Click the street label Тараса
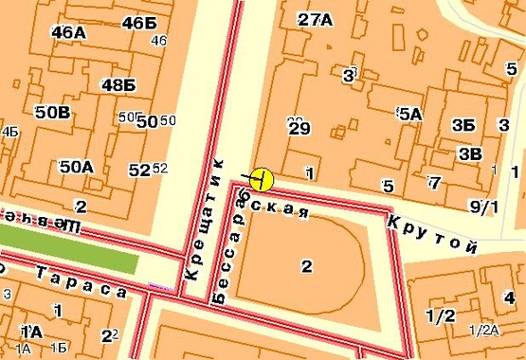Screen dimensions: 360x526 (x=81, y=281)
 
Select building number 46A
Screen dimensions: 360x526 (x=68, y=32)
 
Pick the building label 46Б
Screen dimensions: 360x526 (x=138, y=23)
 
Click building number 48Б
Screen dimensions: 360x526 (x=118, y=85)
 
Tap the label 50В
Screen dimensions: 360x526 (x=52, y=113)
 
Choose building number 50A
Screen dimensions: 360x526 (x=76, y=167)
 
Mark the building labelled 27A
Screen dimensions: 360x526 (x=315, y=19)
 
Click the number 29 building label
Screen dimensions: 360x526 (x=299, y=128)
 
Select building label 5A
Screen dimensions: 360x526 (x=409, y=114)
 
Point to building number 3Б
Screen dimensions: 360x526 (x=463, y=125)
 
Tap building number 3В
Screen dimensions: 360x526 (x=469, y=153)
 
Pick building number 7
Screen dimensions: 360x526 (x=434, y=182)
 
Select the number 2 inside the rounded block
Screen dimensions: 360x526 (x=305, y=265)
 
